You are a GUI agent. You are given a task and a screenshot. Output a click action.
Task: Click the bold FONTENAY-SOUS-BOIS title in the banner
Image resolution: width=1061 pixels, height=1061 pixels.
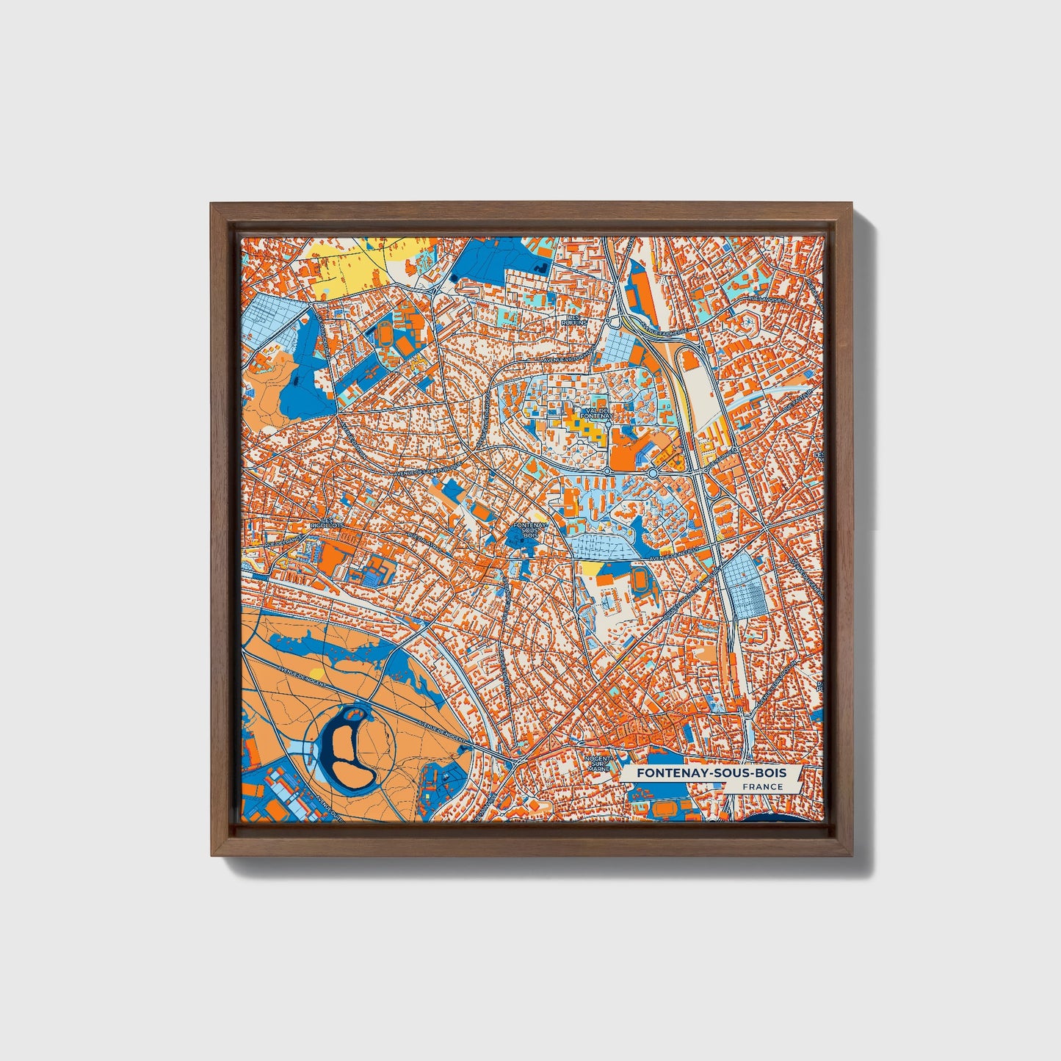click(711, 773)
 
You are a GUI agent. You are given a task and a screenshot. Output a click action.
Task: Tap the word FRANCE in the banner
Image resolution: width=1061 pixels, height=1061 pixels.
click(762, 787)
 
